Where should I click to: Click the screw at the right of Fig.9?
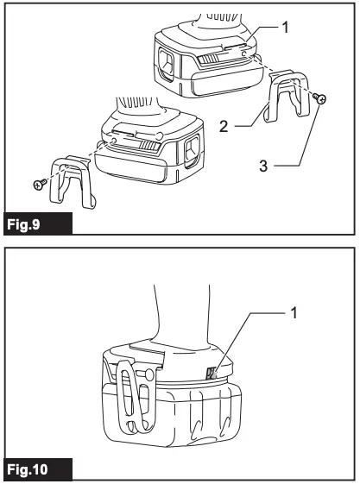[320, 100]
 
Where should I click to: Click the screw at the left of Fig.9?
[38, 184]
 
